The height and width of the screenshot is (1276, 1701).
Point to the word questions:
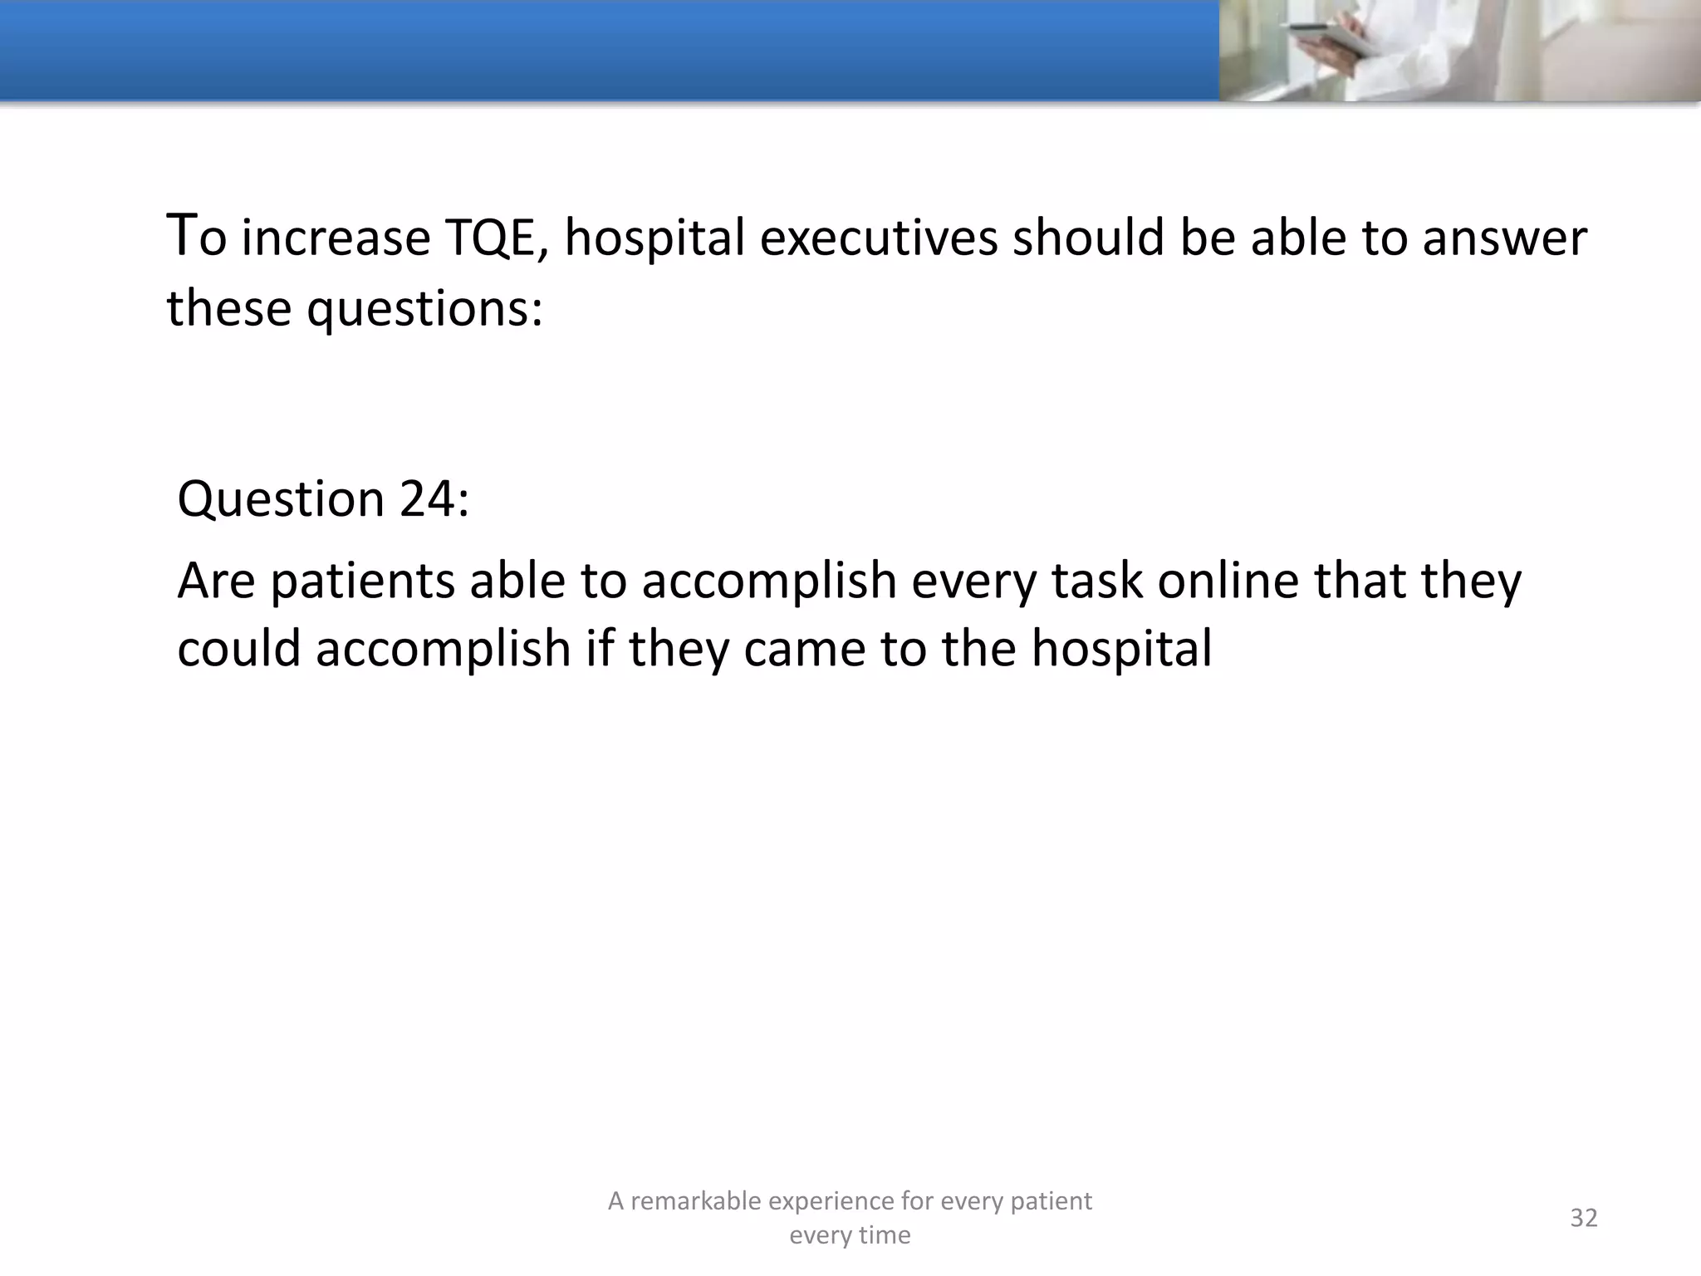pos(424,309)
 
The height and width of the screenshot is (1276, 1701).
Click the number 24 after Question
pos(434,500)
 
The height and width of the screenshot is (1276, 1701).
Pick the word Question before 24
pos(281,500)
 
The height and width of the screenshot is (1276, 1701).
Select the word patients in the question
pos(363,581)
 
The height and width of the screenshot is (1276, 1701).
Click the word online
pos(1228,581)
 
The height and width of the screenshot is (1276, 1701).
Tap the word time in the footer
pos(885,1235)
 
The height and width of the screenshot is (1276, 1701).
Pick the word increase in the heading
pos(336,238)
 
